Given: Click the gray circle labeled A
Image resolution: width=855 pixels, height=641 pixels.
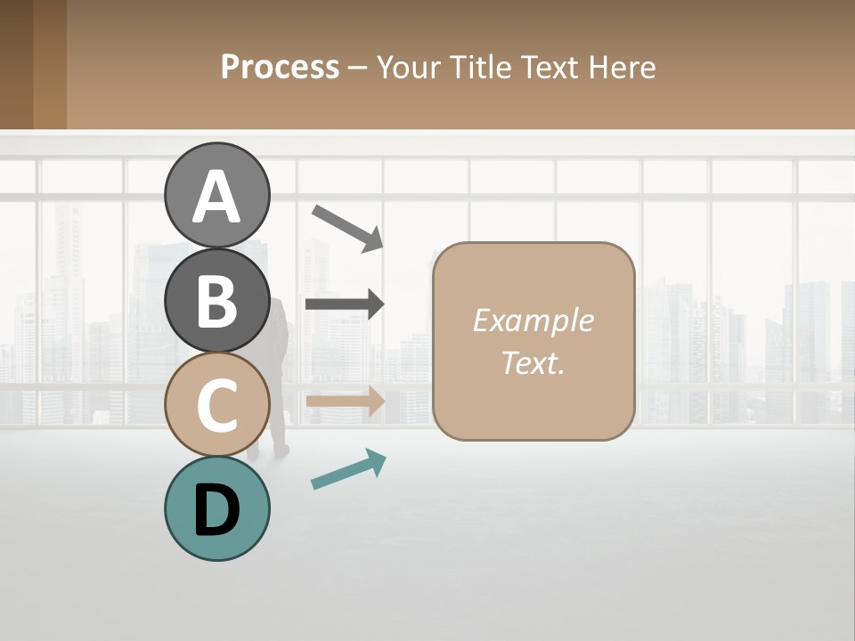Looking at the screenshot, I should pyautogui.click(x=216, y=196).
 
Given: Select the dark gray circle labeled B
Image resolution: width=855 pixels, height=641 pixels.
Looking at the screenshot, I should pyautogui.click(x=216, y=300).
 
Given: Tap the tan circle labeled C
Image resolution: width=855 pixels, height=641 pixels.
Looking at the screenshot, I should pyautogui.click(x=216, y=404).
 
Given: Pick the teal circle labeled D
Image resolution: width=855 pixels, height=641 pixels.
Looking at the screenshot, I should pyautogui.click(x=216, y=508).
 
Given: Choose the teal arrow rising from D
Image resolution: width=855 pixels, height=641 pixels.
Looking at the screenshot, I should pyautogui.click(x=348, y=469).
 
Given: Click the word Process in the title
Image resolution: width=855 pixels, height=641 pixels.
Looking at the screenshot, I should pyautogui.click(x=280, y=67).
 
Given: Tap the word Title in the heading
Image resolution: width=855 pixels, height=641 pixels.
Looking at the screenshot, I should pyautogui.click(x=480, y=67).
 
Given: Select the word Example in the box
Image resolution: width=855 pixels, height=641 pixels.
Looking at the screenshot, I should pyautogui.click(x=533, y=320).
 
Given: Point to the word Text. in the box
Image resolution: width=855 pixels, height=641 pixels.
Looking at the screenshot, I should pyautogui.click(x=533, y=362).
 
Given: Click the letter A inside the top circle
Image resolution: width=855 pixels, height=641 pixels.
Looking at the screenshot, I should pyautogui.click(x=216, y=197).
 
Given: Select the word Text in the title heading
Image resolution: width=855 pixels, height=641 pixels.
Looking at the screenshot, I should pyautogui.click(x=551, y=67).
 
